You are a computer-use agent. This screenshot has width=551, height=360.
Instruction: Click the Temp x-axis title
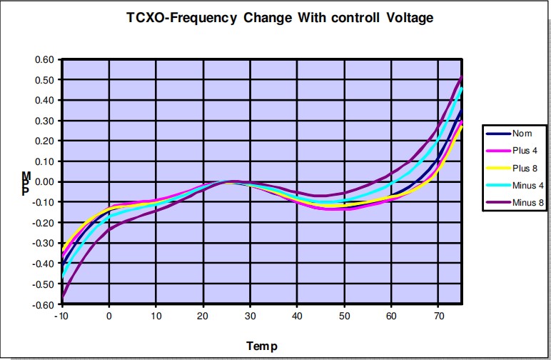[262, 346]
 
